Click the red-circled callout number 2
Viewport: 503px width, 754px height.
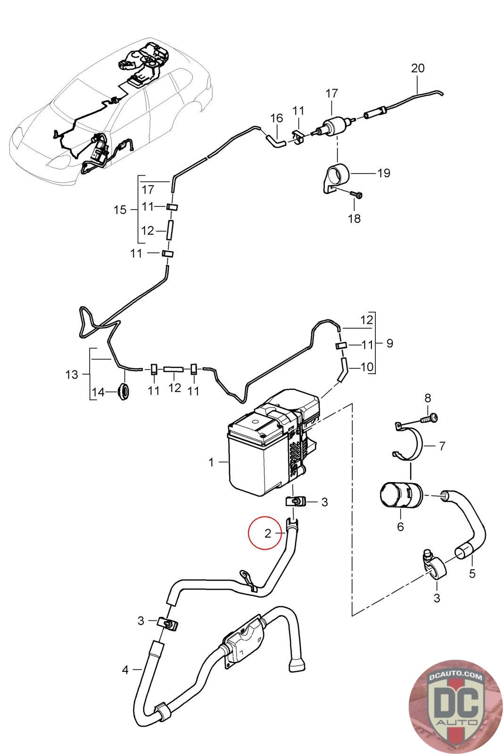coord(268,533)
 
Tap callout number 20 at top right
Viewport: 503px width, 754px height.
coord(418,68)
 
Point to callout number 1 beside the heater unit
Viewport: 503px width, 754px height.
coord(211,463)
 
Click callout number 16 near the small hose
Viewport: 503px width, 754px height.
coord(276,118)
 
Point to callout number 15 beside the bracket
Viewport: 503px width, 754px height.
coord(120,210)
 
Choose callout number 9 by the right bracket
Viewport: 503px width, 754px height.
coord(389,343)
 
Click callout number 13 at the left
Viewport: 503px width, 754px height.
coord(72,375)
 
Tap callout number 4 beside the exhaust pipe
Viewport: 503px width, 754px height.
coord(125,669)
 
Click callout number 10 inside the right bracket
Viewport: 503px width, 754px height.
coord(367,366)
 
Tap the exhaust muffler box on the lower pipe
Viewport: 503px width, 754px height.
coord(245,641)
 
